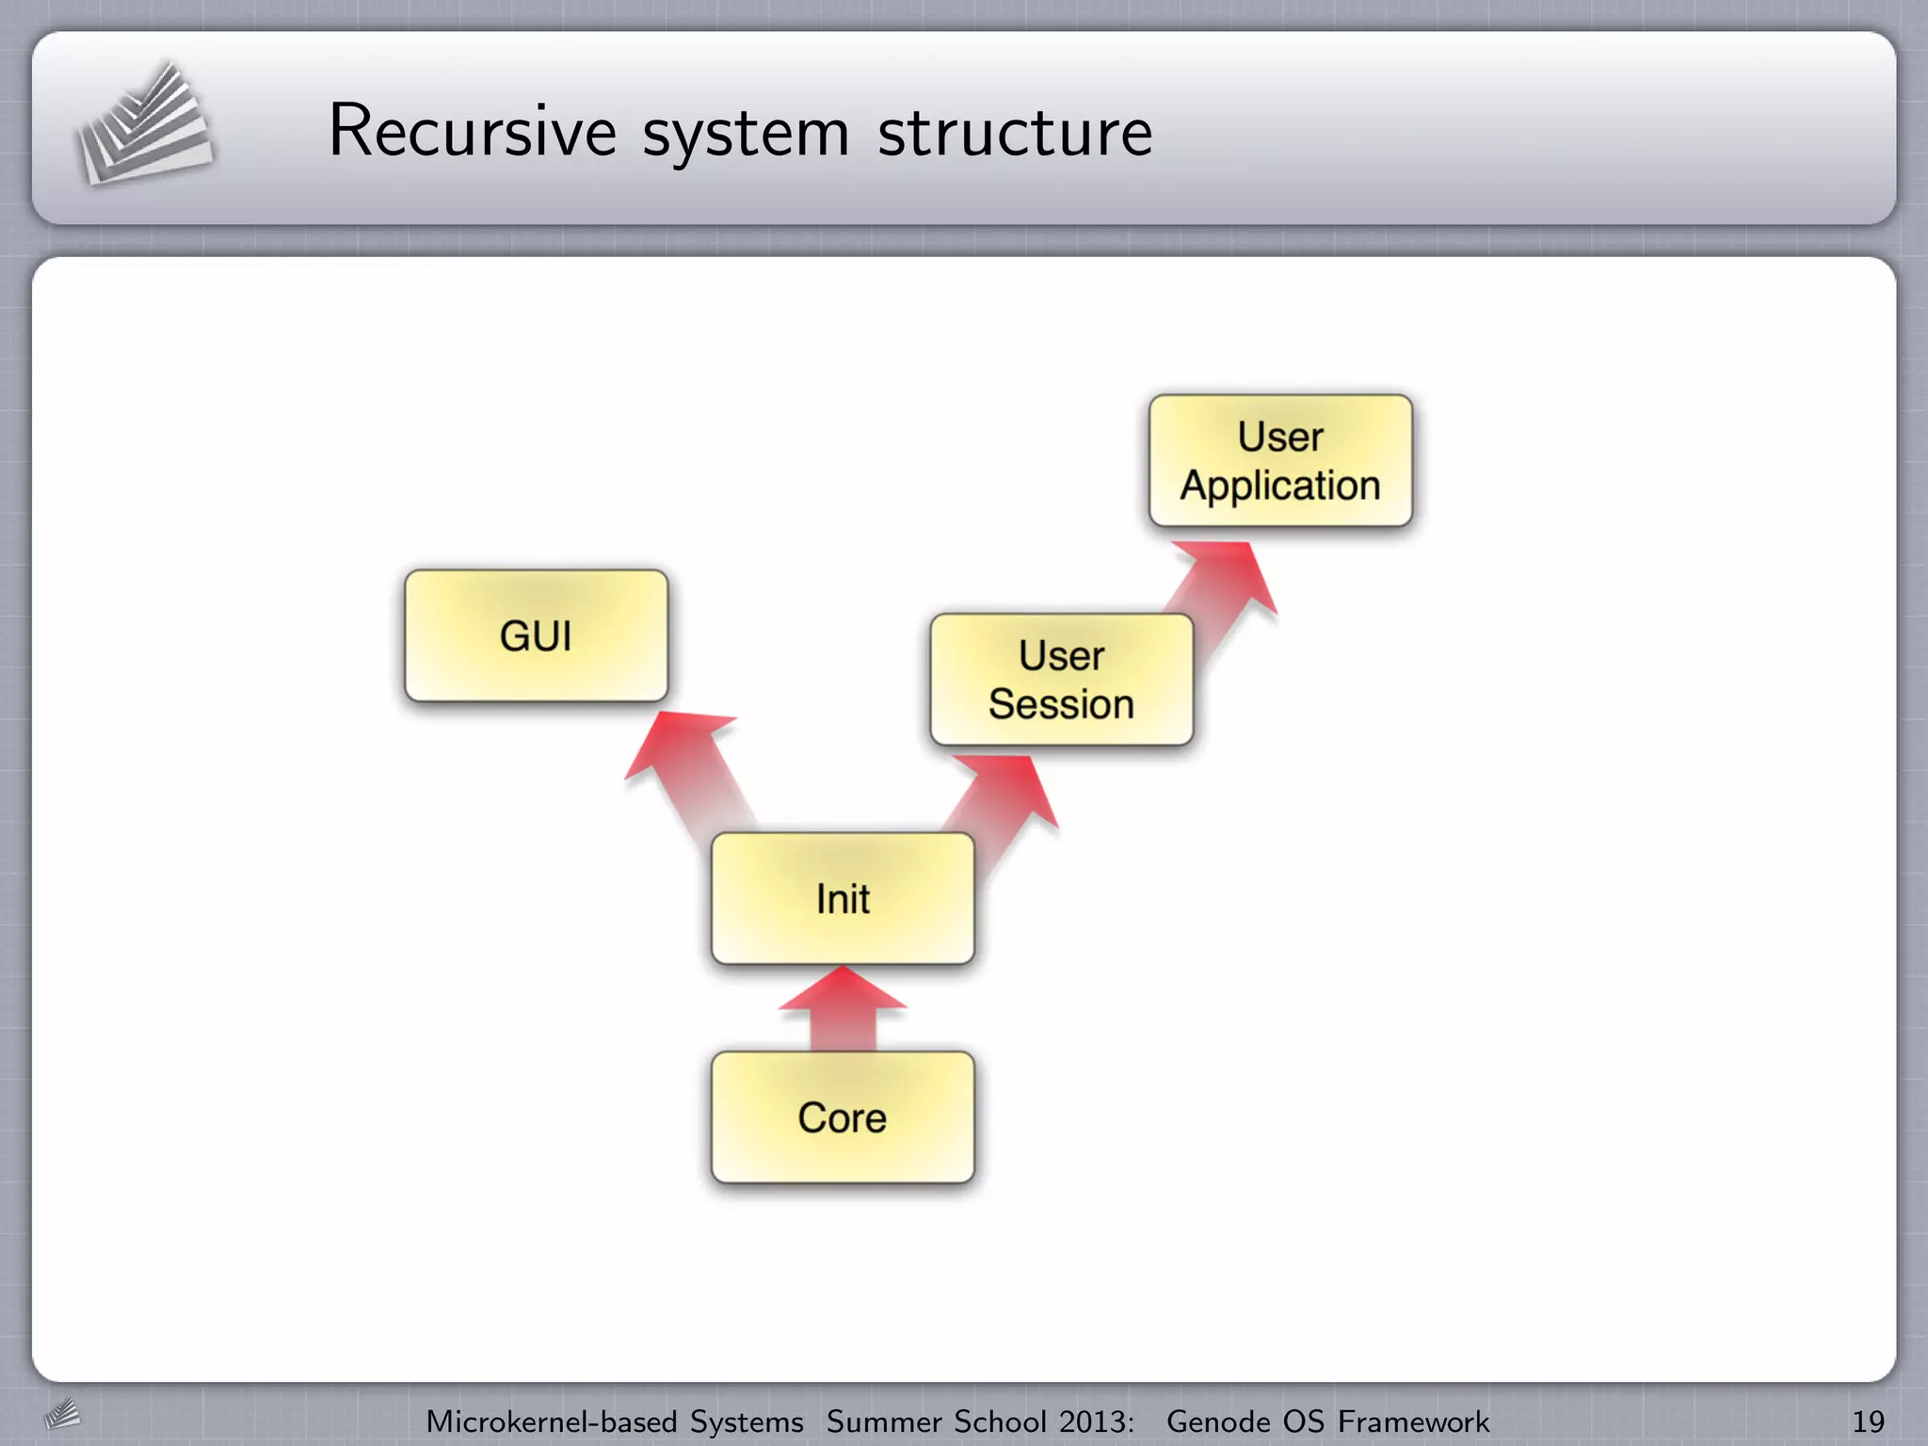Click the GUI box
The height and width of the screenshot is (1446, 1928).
[x=536, y=635]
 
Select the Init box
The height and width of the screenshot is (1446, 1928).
[x=843, y=898]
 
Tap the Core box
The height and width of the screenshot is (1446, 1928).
[x=843, y=1117]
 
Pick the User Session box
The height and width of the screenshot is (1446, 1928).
[x=1061, y=680]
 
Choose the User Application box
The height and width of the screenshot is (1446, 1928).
[x=1280, y=460]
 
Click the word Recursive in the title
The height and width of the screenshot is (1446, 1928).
[x=472, y=132]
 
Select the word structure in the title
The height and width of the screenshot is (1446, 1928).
[x=1014, y=133]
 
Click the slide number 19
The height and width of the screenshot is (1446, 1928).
[x=1868, y=1422]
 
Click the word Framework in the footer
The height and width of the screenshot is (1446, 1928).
[x=1413, y=1422]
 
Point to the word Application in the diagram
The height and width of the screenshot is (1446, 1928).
[x=1280, y=486]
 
